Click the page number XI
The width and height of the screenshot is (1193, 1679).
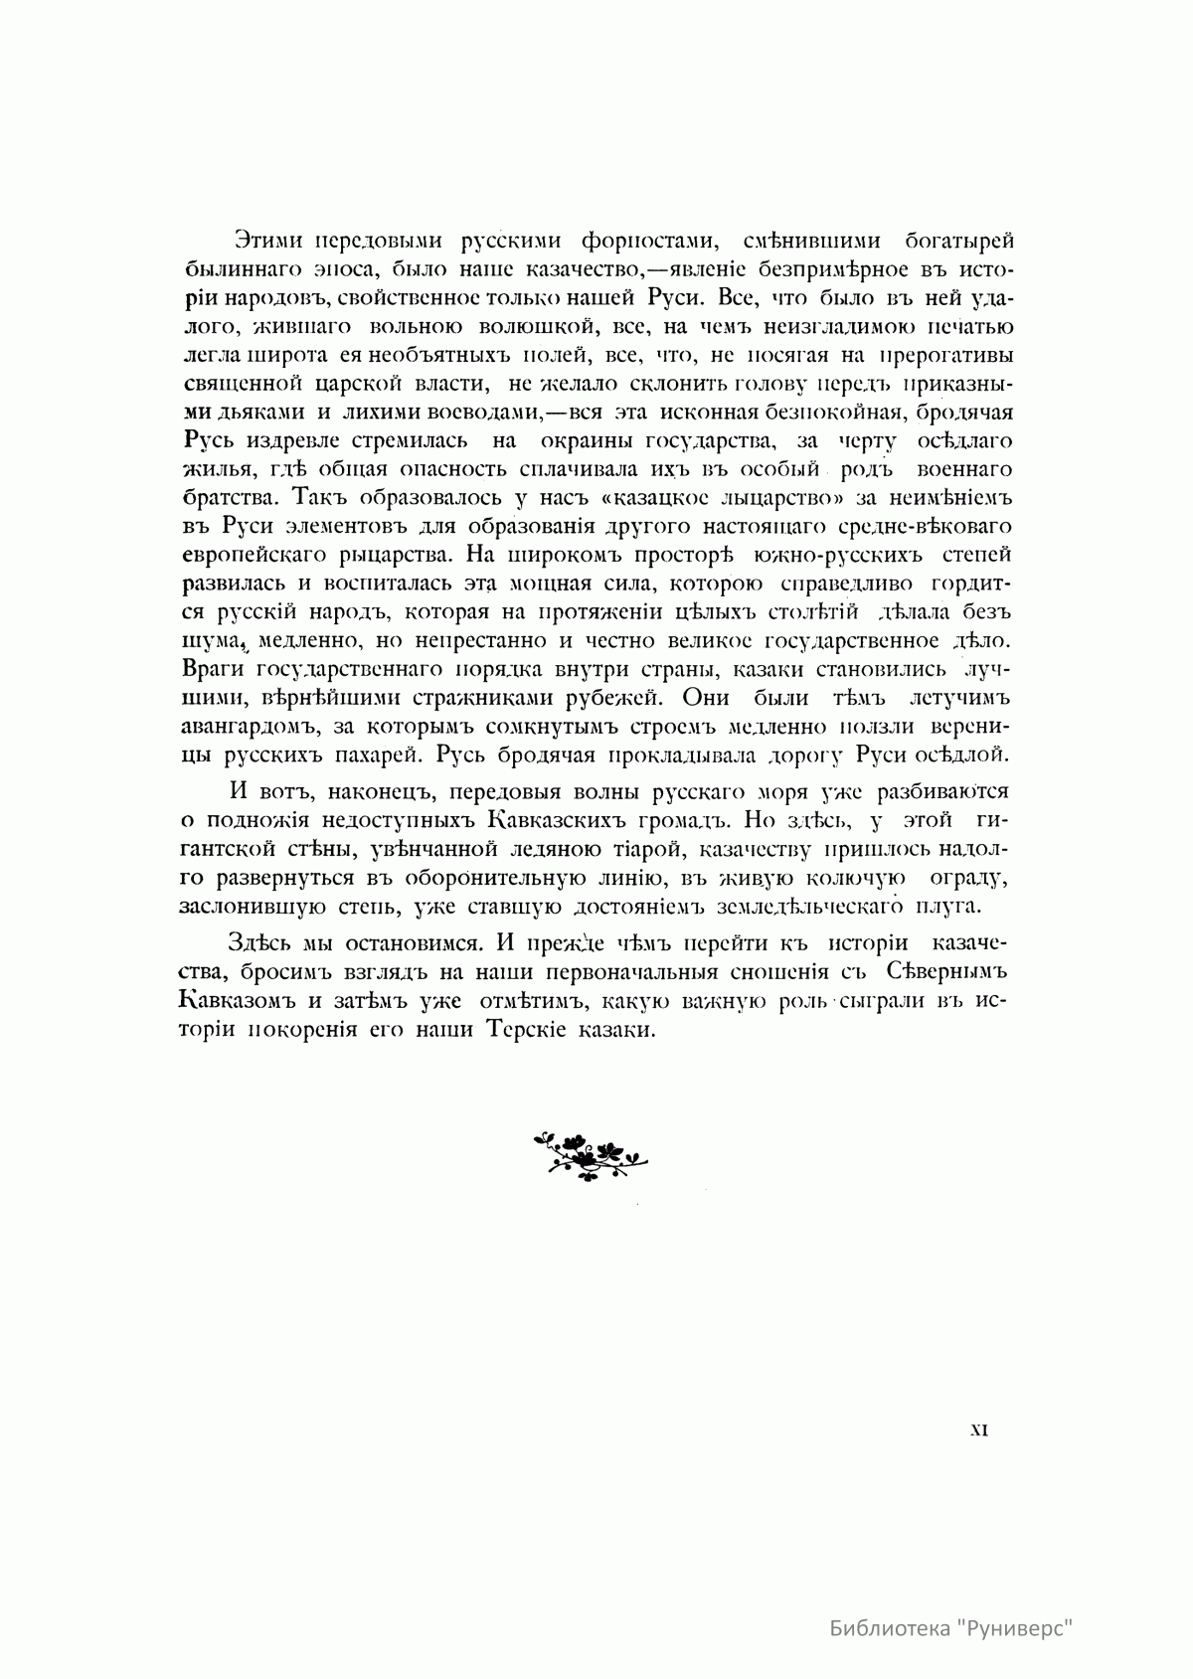click(977, 1430)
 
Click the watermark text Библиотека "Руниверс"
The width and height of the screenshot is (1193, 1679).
click(953, 1630)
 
